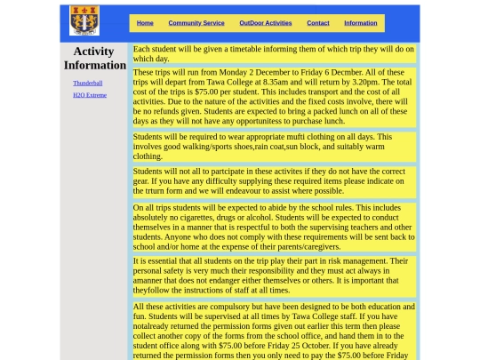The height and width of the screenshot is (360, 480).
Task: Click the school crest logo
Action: coord(84,20)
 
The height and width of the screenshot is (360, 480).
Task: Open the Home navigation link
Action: coord(145,23)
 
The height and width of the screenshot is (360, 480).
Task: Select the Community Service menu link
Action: coord(196,23)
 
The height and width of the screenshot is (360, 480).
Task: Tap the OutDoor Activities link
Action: coord(265,23)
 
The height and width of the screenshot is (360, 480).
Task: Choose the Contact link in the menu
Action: coord(317,23)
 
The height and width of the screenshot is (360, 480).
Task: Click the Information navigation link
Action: coord(360,23)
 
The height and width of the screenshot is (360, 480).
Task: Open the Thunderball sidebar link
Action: coord(87,84)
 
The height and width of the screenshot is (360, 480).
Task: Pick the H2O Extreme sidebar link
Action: coord(89,95)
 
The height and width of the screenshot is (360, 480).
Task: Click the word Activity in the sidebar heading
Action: coord(93,52)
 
